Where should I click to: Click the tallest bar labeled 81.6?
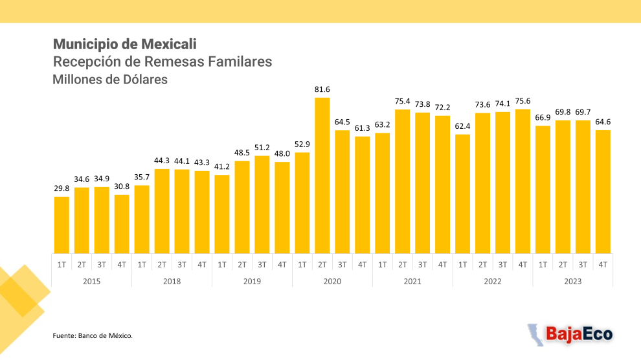point(322,175)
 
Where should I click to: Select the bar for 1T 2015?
point(62,225)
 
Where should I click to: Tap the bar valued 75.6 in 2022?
point(523,181)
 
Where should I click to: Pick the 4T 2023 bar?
point(603,192)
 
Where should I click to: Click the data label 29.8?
point(62,188)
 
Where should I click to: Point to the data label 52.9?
point(302,144)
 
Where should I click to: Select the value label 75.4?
point(402,102)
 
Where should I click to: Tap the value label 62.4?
point(462,126)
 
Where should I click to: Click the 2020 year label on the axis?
point(332,281)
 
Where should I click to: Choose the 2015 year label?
point(91,281)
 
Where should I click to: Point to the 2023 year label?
point(573,281)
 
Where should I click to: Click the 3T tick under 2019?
point(262,265)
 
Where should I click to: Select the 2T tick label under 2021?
point(402,265)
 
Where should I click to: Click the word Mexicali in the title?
point(168,44)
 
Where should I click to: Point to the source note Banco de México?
point(105,335)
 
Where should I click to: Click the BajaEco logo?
point(570,334)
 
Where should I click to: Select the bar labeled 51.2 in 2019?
point(262,205)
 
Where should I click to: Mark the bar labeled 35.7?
point(142,219)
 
